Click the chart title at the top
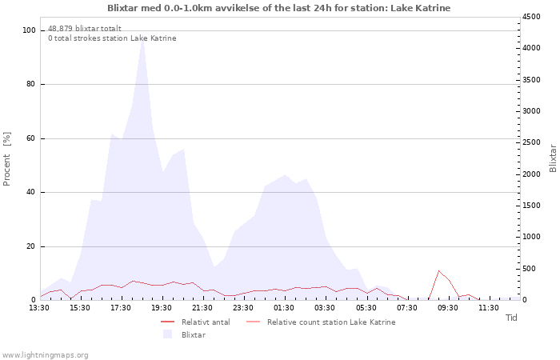coord(279,8)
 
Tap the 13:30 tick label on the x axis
coord(39,307)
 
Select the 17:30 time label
coord(121,307)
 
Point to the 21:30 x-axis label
coord(202,307)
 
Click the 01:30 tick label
coord(284,307)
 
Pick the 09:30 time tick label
coord(447,307)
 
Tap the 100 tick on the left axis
coord(29,30)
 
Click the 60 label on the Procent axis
coord(31,138)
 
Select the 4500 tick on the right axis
coord(531,17)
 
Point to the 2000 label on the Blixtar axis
coord(531,174)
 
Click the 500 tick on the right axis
coord(529,268)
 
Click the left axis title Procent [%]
coord(7,158)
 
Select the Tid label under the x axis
coord(511,318)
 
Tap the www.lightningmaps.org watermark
coord(46,354)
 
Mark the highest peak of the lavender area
coord(142,38)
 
